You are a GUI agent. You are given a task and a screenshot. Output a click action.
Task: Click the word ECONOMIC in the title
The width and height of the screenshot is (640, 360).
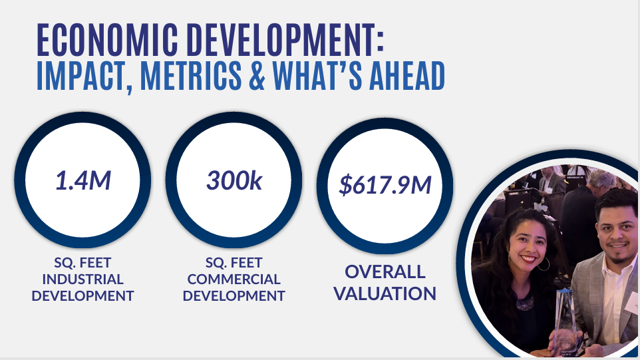107,40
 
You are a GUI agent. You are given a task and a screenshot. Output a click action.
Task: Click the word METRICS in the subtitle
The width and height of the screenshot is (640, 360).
191,76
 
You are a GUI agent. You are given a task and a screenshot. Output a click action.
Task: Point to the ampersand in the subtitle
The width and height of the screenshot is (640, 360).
257,76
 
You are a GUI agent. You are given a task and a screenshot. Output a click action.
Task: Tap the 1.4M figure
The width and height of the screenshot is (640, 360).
83,180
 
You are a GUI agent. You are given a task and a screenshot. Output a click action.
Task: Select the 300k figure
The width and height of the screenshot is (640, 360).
234,180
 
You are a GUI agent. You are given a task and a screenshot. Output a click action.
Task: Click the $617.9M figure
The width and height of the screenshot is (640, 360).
385,185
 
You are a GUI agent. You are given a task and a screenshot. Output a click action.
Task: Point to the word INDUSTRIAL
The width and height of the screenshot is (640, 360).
83,279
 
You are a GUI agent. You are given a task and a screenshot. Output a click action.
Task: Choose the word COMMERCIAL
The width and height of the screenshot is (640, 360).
234,279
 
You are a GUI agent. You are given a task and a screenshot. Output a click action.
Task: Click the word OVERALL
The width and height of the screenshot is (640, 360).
385,272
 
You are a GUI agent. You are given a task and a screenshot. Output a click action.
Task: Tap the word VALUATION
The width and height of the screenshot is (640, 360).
385,294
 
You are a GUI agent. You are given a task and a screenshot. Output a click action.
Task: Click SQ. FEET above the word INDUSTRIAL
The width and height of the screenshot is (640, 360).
83,262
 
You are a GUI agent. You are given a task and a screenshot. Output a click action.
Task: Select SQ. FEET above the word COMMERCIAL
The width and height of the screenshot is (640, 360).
234,262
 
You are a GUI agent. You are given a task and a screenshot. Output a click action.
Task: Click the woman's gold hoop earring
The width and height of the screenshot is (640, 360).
544,264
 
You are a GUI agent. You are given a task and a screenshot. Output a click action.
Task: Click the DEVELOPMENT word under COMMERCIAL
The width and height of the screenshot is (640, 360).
234,296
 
